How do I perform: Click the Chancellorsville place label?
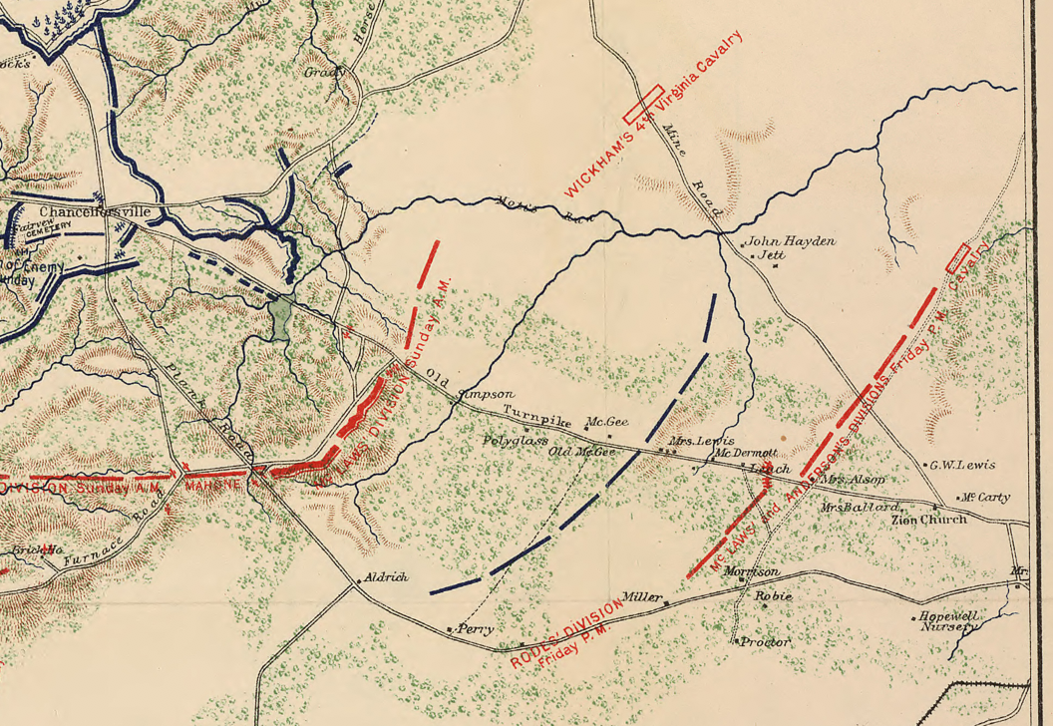point(95,212)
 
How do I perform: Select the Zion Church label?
point(929,520)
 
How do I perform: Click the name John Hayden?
point(791,241)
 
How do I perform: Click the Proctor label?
point(766,642)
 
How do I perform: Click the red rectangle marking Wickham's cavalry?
point(643,102)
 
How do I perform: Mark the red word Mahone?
point(213,484)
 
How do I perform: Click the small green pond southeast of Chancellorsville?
point(280,316)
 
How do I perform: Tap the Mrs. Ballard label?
point(854,508)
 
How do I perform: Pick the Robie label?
point(774,596)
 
